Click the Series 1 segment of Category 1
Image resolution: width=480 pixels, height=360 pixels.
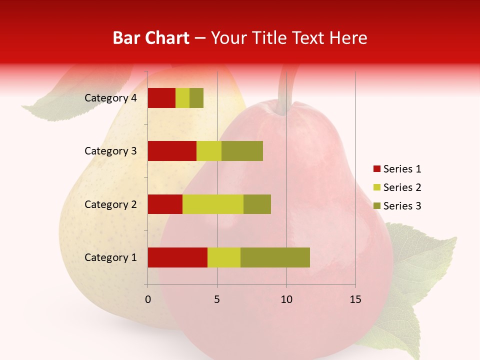(177, 257)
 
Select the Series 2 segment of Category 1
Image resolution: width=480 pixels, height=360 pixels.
(224, 257)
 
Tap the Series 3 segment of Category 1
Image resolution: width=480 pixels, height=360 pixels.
(275, 257)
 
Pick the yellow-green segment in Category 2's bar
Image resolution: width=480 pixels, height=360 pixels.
(213, 204)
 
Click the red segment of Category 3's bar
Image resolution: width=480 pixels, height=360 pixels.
(172, 151)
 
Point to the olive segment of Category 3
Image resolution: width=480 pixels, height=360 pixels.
(242, 151)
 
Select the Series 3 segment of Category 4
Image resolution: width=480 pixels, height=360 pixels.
(196, 98)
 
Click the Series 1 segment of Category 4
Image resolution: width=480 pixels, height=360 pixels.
(161, 98)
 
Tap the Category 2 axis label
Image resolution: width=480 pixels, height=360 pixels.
(110, 204)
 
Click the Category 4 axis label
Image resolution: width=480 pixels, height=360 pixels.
(110, 98)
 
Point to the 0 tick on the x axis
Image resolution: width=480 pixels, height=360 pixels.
(147, 299)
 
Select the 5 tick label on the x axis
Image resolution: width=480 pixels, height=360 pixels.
(217, 299)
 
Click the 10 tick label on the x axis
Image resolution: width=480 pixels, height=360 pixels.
(286, 299)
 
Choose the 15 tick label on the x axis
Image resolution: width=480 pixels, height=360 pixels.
(355, 299)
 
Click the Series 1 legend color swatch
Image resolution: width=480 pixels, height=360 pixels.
(376, 169)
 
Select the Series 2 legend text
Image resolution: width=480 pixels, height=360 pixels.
(402, 187)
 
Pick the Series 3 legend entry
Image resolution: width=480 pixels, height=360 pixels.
(397, 206)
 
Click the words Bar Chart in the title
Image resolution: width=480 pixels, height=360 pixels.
(151, 38)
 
